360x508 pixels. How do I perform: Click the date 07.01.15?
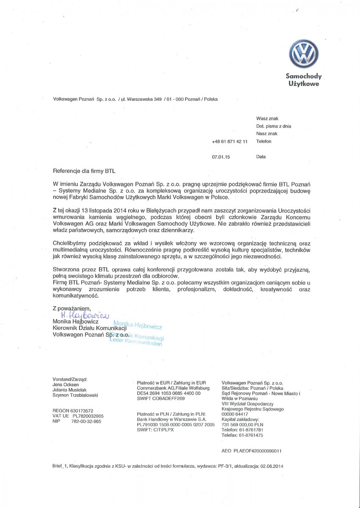point(220,157)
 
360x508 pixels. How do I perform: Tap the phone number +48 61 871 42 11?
point(230,141)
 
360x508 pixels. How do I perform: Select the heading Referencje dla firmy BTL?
point(84,171)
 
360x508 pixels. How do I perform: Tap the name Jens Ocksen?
point(66,384)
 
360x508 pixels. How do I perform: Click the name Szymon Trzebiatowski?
point(75,395)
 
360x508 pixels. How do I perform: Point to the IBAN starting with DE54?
point(169,393)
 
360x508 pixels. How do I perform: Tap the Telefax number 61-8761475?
point(248,435)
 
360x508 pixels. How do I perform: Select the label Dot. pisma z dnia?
point(273,126)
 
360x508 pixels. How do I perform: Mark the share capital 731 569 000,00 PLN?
point(242,424)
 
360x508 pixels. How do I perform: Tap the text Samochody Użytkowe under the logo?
point(304,80)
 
